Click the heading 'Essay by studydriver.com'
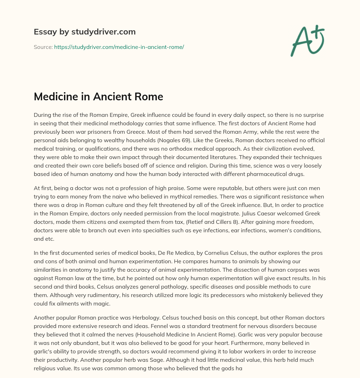85,32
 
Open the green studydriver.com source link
119,47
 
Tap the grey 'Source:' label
43,47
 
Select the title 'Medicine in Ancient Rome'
98,96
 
